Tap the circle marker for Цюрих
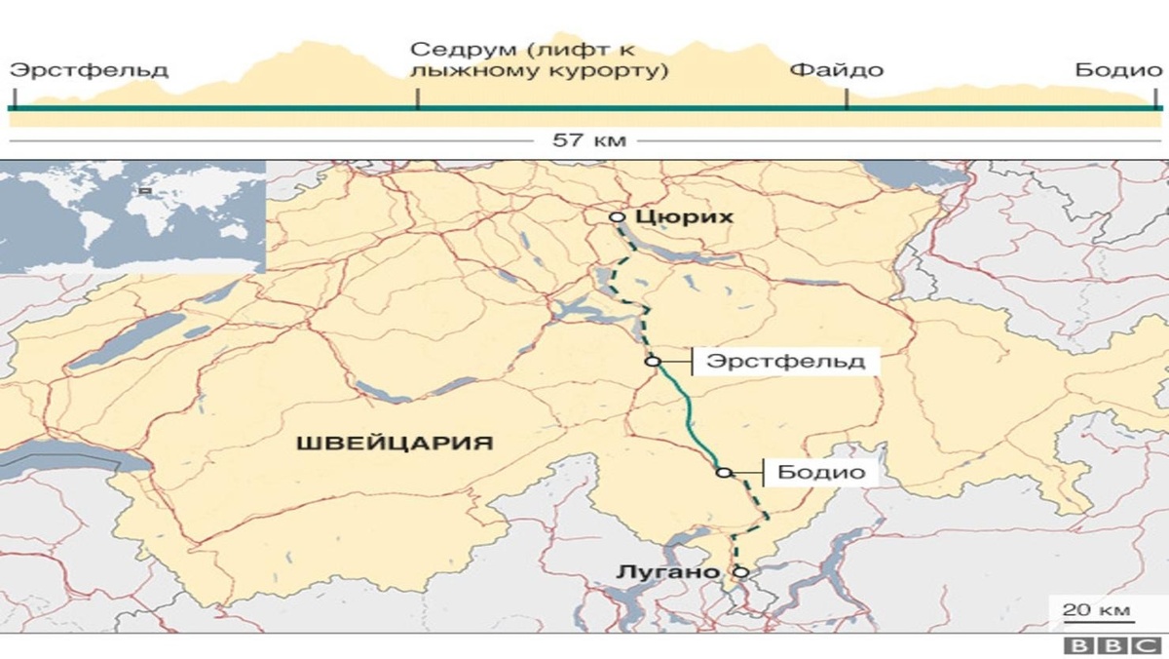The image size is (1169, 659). click(x=616, y=217)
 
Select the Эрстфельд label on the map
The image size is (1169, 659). click(x=785, y=361)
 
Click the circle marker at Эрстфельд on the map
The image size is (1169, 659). click(x=652, y=361)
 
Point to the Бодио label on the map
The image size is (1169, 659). click(x=821, y=473)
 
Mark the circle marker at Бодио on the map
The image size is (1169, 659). click(x=723, y=473)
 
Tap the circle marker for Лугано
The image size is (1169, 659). click(x=740, y=572)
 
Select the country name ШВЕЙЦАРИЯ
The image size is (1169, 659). click(x=394, y=444)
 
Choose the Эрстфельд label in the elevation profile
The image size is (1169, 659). click(x=89, y=70)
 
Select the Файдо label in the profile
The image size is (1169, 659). click(x=837, y=70)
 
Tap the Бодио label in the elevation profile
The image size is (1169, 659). click(x=1118, y=70)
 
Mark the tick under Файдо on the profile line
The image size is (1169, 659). click(x=846, y=98)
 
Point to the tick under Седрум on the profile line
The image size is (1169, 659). click(x=418, y=98)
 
